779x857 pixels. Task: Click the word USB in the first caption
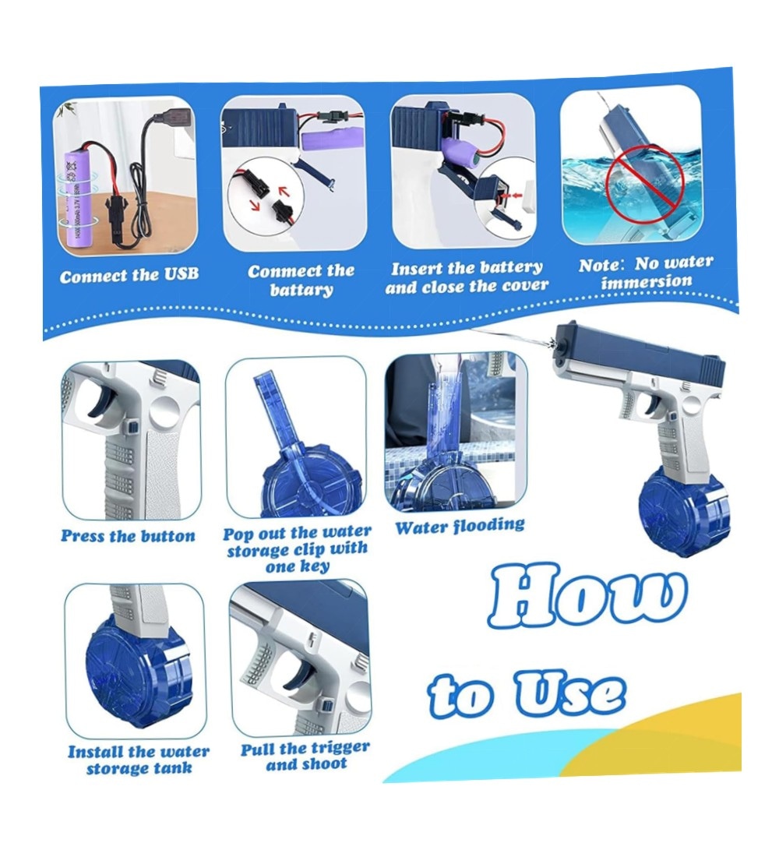tap(181, 273)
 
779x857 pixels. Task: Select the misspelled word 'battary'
tap(301, 288)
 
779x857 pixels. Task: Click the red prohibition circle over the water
tap(646, 180)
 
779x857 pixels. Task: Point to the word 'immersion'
tap(647, 282)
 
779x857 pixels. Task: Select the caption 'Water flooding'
tap(460, 527)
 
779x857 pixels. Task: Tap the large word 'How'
tap(587, 596)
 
